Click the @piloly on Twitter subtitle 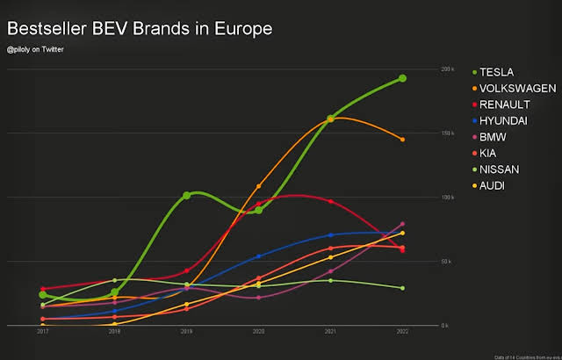(35, 49)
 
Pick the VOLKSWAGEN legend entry (517, 88)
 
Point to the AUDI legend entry (492, 185)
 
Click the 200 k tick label (447, 69)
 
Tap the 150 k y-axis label (447, 133)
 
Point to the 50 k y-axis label (447, 262)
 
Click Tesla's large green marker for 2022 (402, 78)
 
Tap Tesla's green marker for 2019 (187, 196)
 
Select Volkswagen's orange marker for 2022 (402, 140)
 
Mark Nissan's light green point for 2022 (402, 288)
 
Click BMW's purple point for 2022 (402, 224)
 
